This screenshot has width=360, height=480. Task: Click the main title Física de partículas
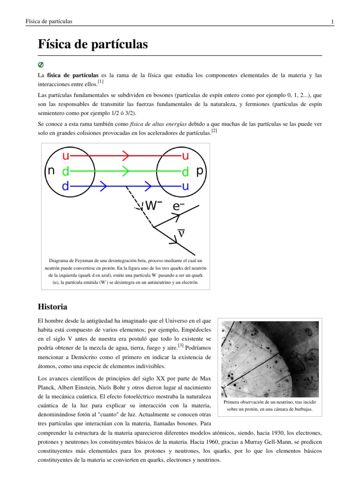[x=92, y=45]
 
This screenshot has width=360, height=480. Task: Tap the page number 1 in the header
[x=332, y=22]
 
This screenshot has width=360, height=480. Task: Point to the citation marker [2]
[x=214, y=131]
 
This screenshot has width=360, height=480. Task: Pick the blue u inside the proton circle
[x=186, y=187]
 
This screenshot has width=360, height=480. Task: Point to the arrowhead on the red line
[x=125, y=155]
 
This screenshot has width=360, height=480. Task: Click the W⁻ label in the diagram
[x=153, y=206]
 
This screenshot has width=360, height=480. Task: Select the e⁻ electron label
[x=179, y=206]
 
